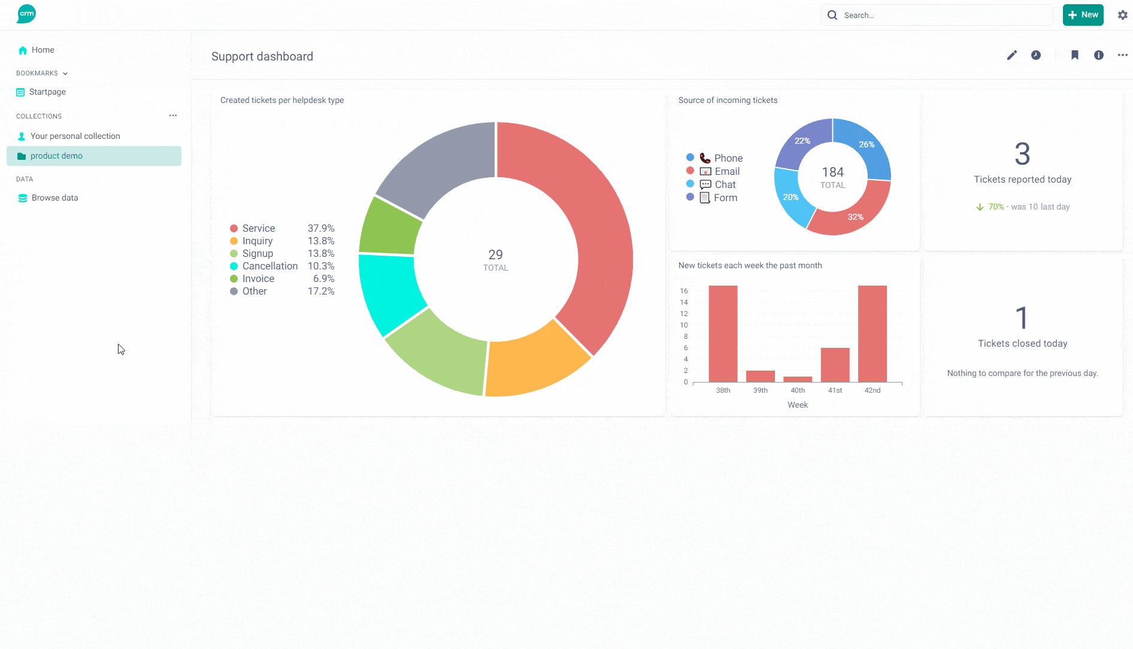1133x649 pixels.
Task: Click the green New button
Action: tap(1083, 15)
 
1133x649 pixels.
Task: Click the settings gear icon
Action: tap(1123, 15)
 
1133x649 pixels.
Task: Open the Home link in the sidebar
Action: tap(43, 50)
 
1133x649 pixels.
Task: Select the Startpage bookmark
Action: tap(47, 92)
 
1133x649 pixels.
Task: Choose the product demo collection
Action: tap(56, 156)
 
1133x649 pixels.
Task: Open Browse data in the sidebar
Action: tap(54, 198)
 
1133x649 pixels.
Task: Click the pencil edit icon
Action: tap(1012, 55)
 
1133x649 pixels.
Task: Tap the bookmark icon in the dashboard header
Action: tap(1075, 55)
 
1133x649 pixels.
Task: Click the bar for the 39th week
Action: tap(761, 376)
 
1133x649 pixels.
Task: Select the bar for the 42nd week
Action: tap(873, 333)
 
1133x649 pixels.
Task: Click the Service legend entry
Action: tap(258, 228)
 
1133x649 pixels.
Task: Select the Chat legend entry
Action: tap(725, 184)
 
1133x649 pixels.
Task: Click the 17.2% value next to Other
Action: tap(321, 291)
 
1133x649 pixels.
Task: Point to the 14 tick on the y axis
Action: tap(684, 302)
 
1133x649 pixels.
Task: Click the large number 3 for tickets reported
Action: tap(1022, 154)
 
